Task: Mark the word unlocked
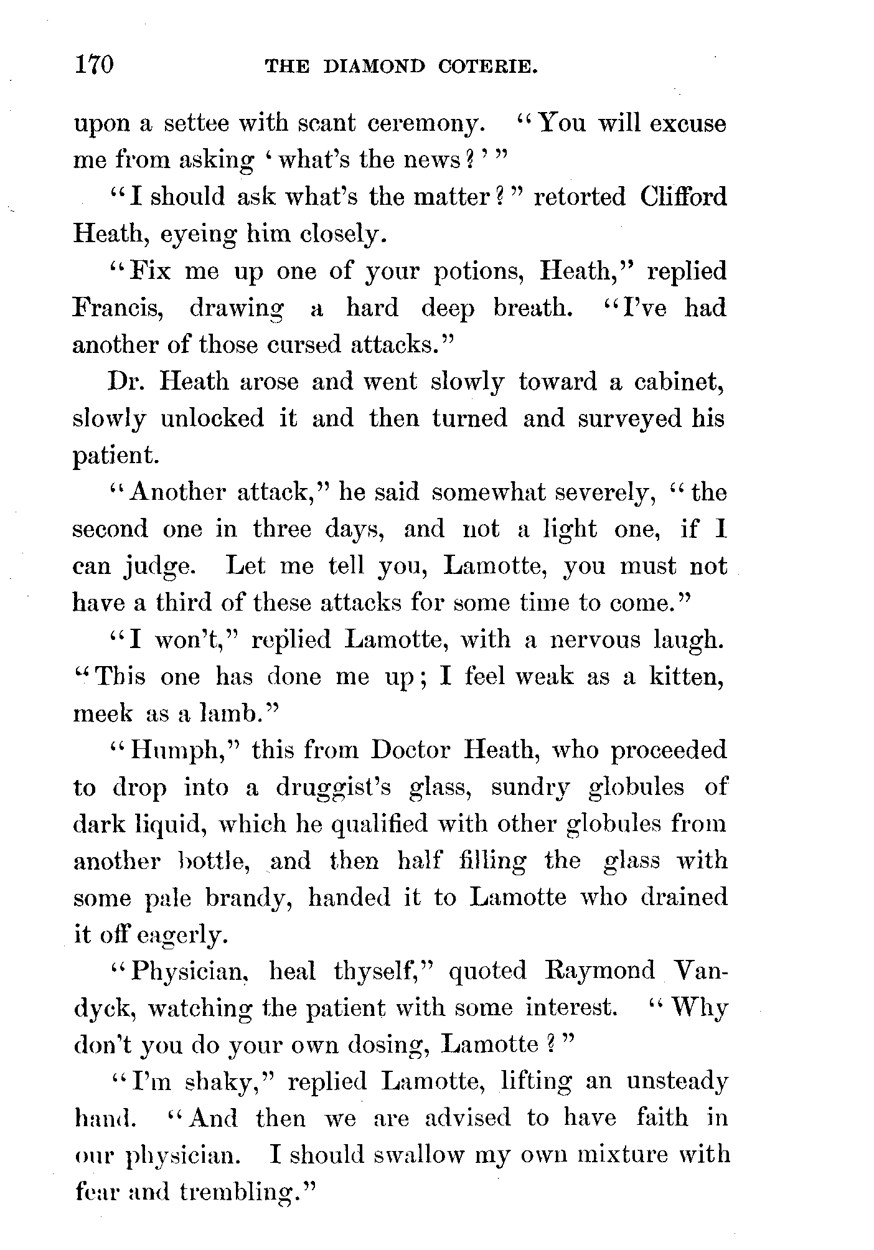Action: [212, 418]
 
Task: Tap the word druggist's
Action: [333, 787]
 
